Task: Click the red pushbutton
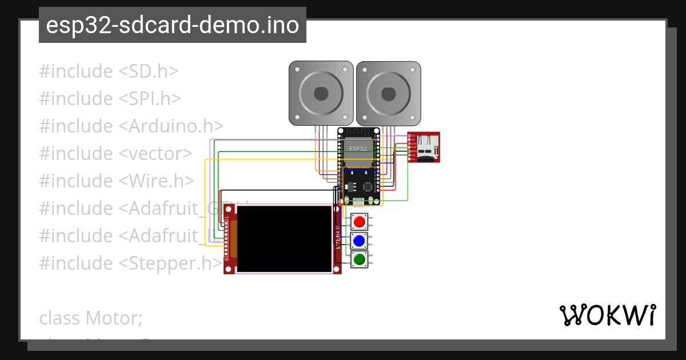tap(360, 222)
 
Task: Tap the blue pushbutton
tap(360, 241)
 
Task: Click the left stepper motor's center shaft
tap(321, 93)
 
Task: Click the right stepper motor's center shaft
tap(388, 93)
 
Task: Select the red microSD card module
tap(424, 147)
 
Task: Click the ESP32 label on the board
tap(358, 149)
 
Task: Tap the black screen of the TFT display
tap(284, 239)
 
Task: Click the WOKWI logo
tap(607, 315)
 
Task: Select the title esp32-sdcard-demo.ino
tap(173, 25)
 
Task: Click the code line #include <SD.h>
tap(109, 71)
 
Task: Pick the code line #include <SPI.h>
tap(110, 99)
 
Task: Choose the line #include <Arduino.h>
tap(131, 126)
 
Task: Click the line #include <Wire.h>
tap(117, 181)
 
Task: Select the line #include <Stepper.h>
tap(130, 263)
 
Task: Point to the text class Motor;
tap(90, 318)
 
